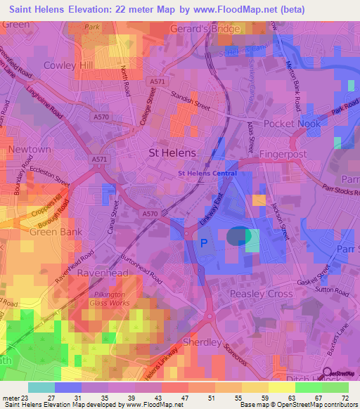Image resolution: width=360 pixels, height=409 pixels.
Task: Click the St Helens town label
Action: pyautogui.click(x=173, y=152)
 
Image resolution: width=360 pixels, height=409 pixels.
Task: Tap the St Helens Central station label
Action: pyautogui.click(x=207, y=173)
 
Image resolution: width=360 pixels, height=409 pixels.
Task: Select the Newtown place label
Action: pyautogui.click(x=29, y=150)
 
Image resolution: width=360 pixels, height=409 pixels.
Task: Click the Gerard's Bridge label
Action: pyautogui.click(x=205, y=29)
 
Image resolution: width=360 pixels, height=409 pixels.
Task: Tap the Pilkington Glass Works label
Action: pyautogui.click(x=109, y=299)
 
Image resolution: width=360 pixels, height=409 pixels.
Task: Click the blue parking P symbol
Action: pyautogui.click(x=205, y=243)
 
